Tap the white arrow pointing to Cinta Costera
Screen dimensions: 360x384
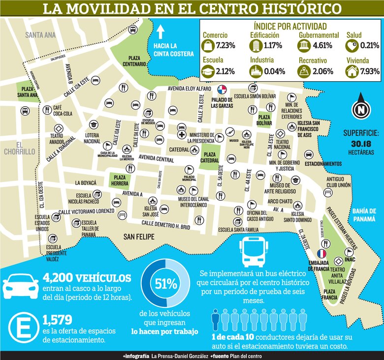pos(160,33)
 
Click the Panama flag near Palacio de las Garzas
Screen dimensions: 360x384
pos(222,90)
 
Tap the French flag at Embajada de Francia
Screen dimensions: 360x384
pos(322,254)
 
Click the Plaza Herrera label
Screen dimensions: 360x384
pos(119,180)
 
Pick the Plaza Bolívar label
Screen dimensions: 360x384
pos(264,120)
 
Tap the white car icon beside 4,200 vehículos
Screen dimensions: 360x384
pos(21,285)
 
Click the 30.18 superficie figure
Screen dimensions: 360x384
pos(363,143)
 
